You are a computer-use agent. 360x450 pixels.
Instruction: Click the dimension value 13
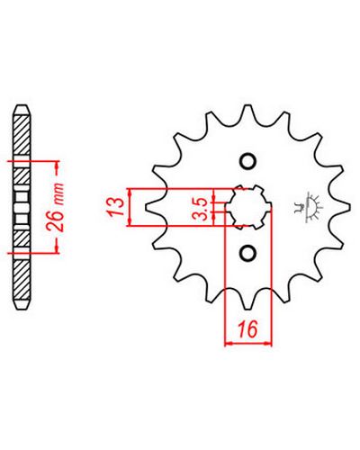(115, 206)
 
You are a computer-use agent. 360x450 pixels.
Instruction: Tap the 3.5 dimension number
(203, 209)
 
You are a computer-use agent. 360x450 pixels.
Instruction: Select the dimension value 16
(248, 328)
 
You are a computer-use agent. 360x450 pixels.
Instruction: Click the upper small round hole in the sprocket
(247, 162)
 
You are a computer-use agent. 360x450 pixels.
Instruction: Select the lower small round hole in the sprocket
(247, 253)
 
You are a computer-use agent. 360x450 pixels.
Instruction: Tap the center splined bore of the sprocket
(249, 208)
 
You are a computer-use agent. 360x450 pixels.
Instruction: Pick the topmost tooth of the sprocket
(247, 113)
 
